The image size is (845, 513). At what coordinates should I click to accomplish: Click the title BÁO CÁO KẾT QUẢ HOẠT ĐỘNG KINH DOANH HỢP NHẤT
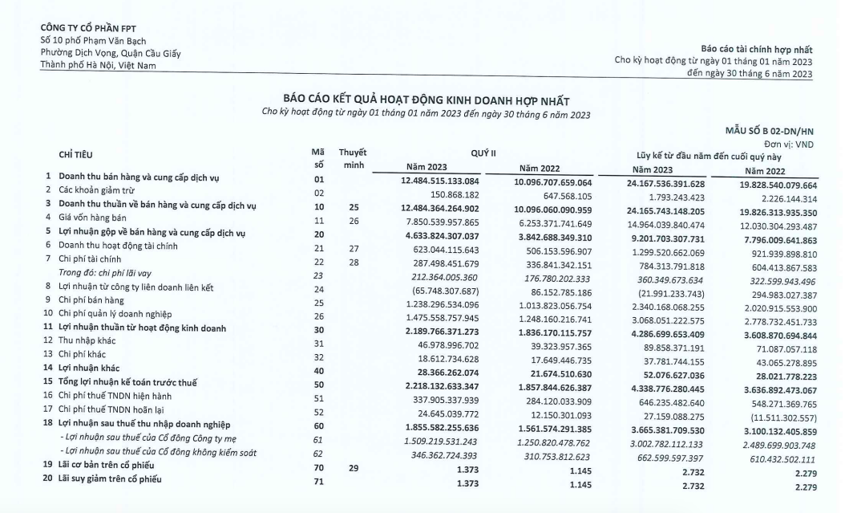[426, 100]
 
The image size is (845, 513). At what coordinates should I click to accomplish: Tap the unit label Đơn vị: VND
[790, 144]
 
